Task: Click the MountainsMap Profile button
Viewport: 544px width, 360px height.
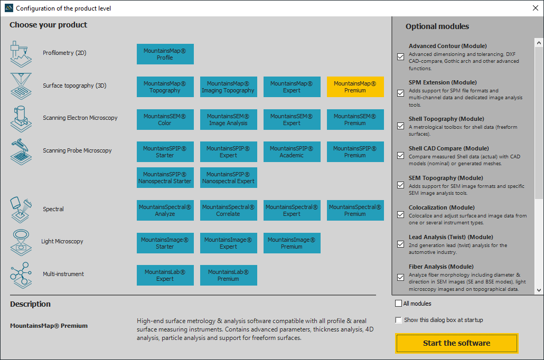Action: point(165,54)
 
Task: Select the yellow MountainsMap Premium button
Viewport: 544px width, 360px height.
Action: point(355,87)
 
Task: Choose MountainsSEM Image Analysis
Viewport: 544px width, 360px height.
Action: point(229,120)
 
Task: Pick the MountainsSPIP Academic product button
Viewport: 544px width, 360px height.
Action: point(292,152)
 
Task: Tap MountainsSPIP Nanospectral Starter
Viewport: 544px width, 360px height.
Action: point(165,177)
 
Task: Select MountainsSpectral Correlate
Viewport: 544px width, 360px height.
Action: point(229,210)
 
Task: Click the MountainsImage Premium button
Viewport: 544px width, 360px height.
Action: point(292,243)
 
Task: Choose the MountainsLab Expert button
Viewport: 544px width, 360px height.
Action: point(165,276)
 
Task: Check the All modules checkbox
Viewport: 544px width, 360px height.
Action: point(399,304)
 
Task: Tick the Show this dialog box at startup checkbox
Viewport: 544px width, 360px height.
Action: point(399,320)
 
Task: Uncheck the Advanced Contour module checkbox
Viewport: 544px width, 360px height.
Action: point(401,57)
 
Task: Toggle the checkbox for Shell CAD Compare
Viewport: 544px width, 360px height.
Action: point(401,155)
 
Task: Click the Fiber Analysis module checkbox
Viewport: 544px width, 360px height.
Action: point(401,278)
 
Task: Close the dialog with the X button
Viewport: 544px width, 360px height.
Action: point(536,8)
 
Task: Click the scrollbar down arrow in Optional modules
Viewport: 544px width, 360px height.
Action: point(539,290)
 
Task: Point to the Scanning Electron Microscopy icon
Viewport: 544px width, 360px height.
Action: point(21,119)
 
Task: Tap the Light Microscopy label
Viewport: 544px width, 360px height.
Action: point(62,241)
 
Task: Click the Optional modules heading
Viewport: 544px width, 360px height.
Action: point(437,26)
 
